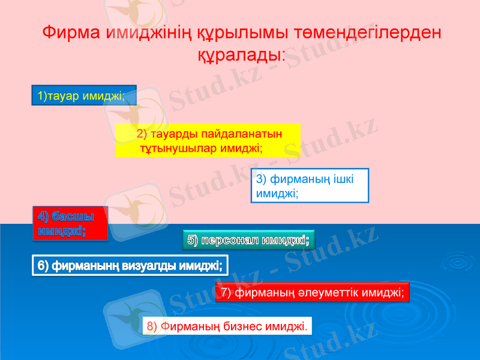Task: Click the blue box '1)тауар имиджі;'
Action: [x=84, y=95]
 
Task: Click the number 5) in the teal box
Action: [x=193, y=241]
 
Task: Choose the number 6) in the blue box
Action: [x=43, y=265]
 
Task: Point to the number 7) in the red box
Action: [x=226, y=293]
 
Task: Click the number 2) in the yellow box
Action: [x=142, y=133]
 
